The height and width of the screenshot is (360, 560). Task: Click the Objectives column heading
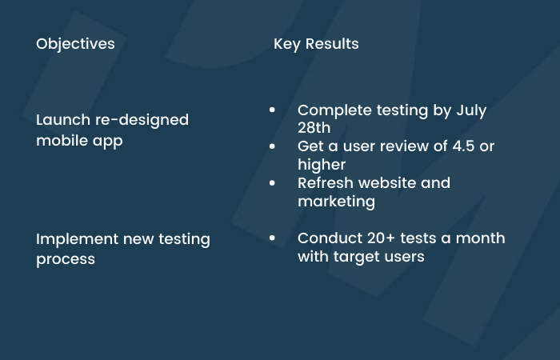(75, 44)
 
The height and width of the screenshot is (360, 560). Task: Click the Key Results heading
(316, 44)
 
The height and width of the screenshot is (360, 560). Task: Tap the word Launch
(63, 120)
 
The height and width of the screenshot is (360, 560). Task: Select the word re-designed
(142, 120)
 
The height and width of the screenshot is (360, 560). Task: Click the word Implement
(77, 239)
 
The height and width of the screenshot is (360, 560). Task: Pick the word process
(66, 260)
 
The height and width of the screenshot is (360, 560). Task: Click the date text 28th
(314, 128)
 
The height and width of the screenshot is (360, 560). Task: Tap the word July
(471, 110)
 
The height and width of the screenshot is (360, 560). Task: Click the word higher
(322, 165)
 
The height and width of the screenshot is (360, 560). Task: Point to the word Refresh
(326, 183)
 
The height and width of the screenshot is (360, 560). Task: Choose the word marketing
(337, 202)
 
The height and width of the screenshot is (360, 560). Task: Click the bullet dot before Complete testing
(272, 110)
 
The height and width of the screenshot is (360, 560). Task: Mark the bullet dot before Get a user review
(272, 146)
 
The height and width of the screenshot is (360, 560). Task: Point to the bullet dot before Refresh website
(272, 183)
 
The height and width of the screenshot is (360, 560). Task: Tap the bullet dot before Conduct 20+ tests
(272, 238)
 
